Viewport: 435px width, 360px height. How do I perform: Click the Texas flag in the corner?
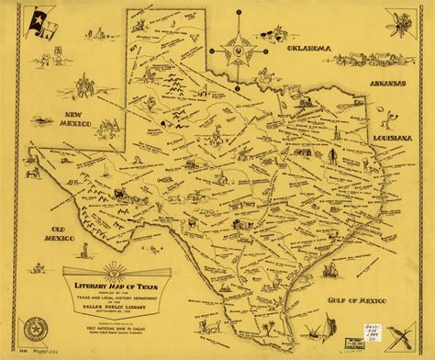coord(42,19)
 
